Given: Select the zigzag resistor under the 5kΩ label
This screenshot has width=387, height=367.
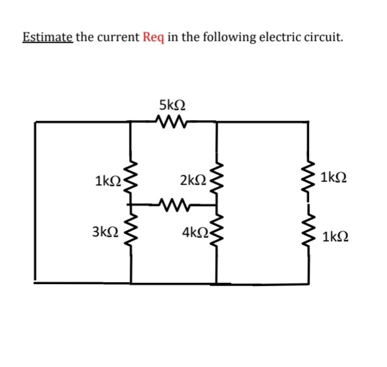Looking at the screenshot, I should (172, 121).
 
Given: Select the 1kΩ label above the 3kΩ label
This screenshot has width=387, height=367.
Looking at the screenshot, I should (106, 181).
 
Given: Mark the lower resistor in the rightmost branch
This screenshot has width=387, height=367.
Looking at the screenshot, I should (308, 234).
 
